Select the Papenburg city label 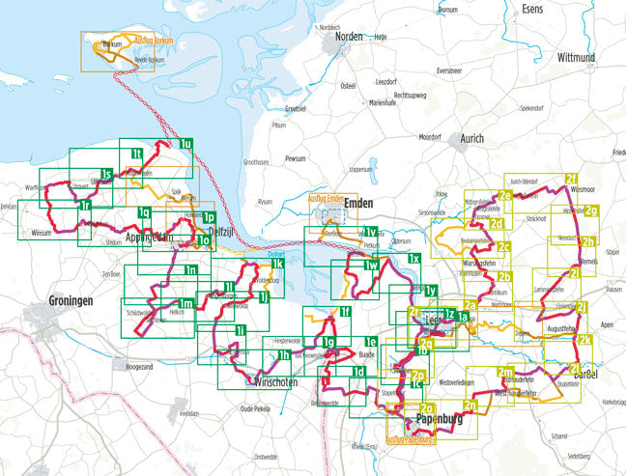click(440, 421)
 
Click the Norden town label click(349, 37)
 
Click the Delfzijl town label click(224, 231)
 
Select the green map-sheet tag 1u click(186, 145)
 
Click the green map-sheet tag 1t click(137, 154)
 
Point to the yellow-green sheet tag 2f click(572, 180)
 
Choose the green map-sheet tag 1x click(413, 260)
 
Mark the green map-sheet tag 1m click(186, 305)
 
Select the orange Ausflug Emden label click(326, 198)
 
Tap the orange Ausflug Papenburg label click(411, 441)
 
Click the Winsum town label click(43, 233)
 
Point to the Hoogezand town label click(139, 366)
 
